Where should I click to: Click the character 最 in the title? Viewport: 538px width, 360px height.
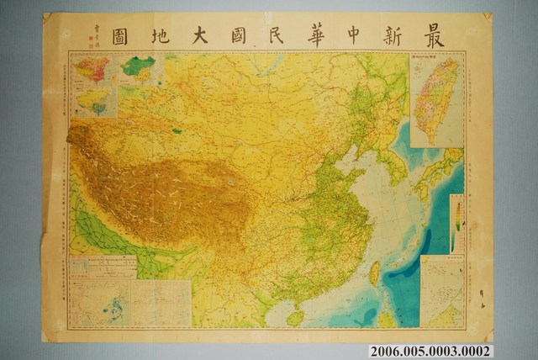(451, 34)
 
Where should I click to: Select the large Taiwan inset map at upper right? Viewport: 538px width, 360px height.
(437, 99)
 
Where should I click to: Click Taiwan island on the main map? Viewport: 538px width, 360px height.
(374, 272)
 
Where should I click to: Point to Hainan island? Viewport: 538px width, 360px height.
(295, 318)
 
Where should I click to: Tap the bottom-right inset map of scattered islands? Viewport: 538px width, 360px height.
(441, 290)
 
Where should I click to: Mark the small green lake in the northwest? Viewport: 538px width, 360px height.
(176, 130)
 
